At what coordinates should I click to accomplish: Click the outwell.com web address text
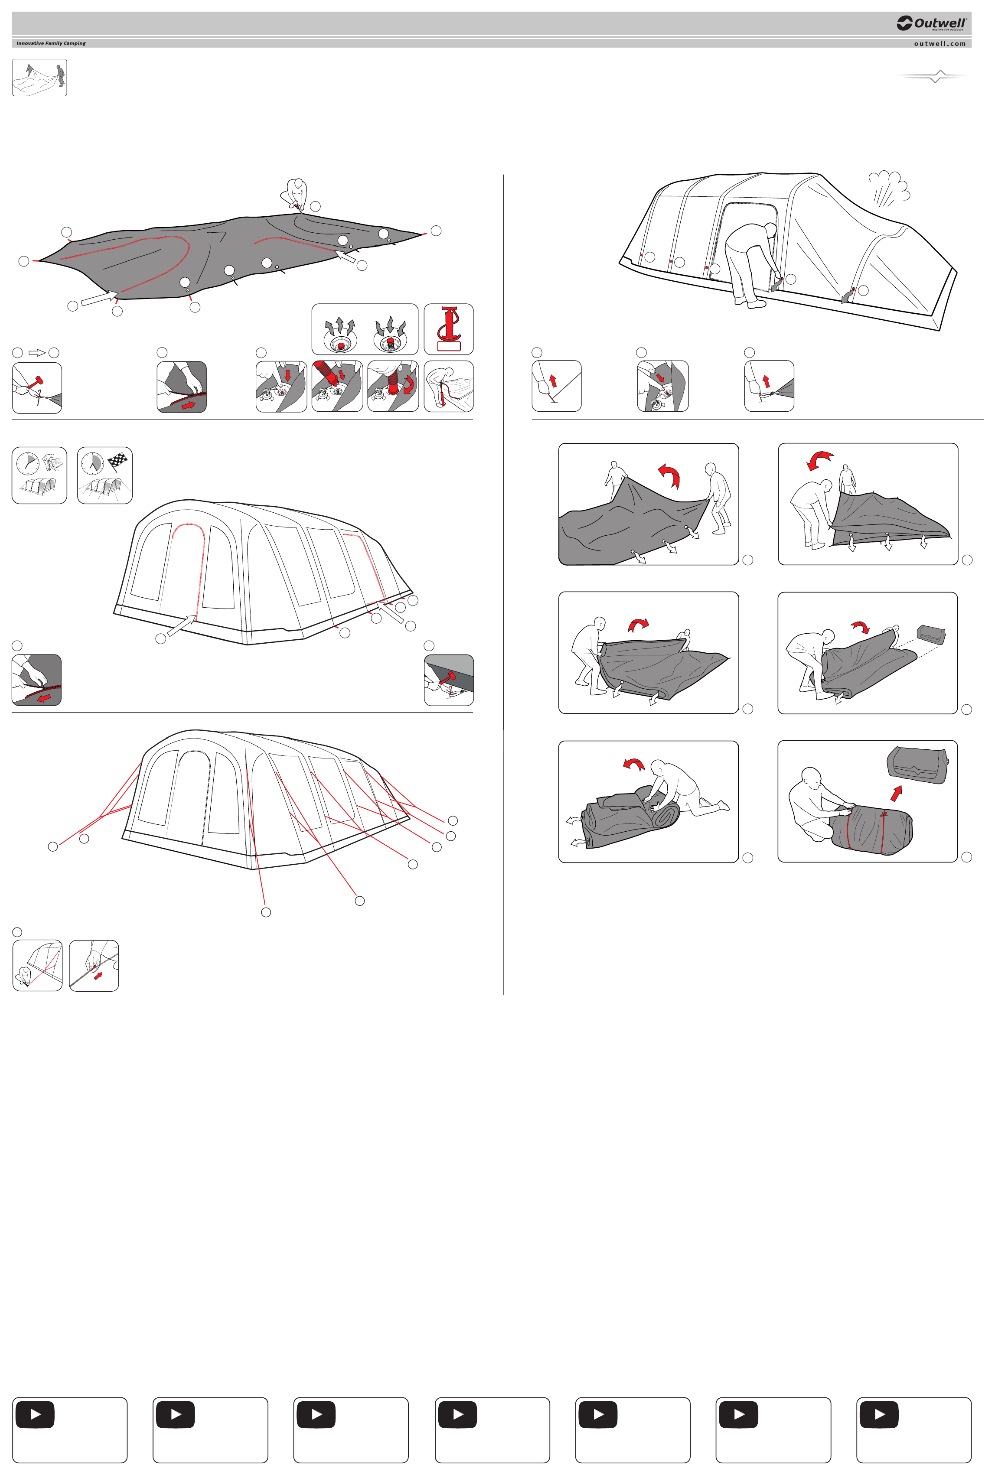point(939,44)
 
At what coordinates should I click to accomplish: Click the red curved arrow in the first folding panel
point(669,475)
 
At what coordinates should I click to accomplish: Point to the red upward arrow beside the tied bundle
point(896,793)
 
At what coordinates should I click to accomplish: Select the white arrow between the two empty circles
point(37,353)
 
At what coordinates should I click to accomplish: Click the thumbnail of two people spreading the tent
point(40,78)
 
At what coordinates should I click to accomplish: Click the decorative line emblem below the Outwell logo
point(932,77)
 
